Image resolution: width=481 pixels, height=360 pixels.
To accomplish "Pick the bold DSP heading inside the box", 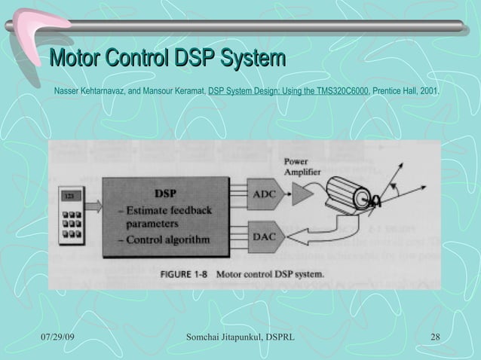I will tap(166, 192).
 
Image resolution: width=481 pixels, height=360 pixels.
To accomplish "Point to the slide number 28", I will tap(435, 334).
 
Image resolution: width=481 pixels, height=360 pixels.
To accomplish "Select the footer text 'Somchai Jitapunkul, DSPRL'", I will tap(240, 334).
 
